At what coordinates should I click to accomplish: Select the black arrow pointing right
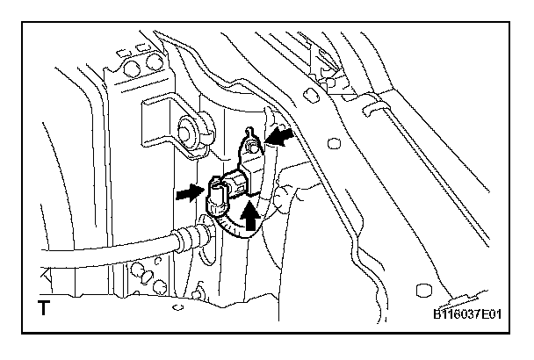(187, 191)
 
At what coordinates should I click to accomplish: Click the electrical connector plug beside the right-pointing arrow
(216, 197)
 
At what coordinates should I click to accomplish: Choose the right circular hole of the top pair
(156, 63)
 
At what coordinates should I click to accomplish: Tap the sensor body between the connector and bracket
(239, 185)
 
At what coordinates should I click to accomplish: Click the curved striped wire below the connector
(230, 227)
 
